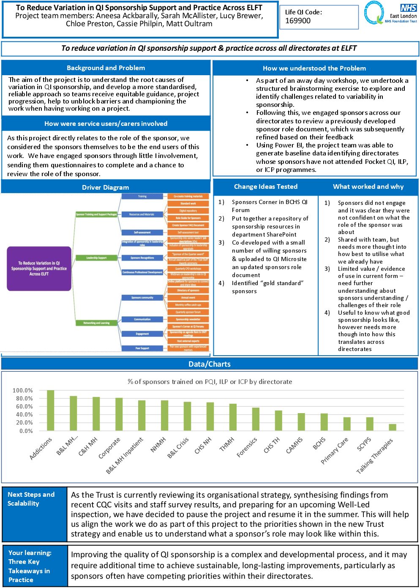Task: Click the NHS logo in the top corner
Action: pyautogui.click(x=408, y=8)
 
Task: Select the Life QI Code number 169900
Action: pyautogui.click(x=298, y=21)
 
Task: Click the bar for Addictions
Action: pyautogui.click(x=50, y=410)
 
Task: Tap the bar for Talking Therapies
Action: pyautogui.click(x=393, y=427)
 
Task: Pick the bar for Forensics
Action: pyautogui.click(x=256, y=419)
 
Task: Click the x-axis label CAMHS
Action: pyautogui.click(x=294, y=446)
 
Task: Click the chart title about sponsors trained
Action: pyautogui.click(x=210, y=381)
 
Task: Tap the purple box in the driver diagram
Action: pyautogui.click(x=39, y=269)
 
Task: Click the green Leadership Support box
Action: pyautogui.click(x=96, y=258)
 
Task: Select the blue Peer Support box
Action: pyautogui.click(x=142, y=348)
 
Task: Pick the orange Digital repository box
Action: pyautogui.click(x=188, y=210)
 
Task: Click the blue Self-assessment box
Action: pyautogui.click(x=142, y=232)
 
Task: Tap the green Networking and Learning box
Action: pyautogui.click(x=96, y=323)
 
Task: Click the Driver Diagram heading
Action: pyautogui.click(x=105, y=187)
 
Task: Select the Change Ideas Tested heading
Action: pyautogui.click(x=266, y=187)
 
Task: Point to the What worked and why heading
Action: pyautogui.click(x=368, y=187)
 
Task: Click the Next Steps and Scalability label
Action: pyautogui.click(x=31, y=499)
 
